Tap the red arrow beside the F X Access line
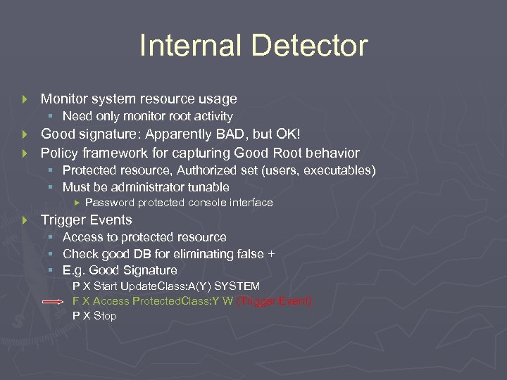54,302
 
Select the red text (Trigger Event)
275,301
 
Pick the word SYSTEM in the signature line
237,286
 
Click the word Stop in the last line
105,316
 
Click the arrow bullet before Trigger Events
25,220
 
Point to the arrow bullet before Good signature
25,134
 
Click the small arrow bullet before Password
77,203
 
